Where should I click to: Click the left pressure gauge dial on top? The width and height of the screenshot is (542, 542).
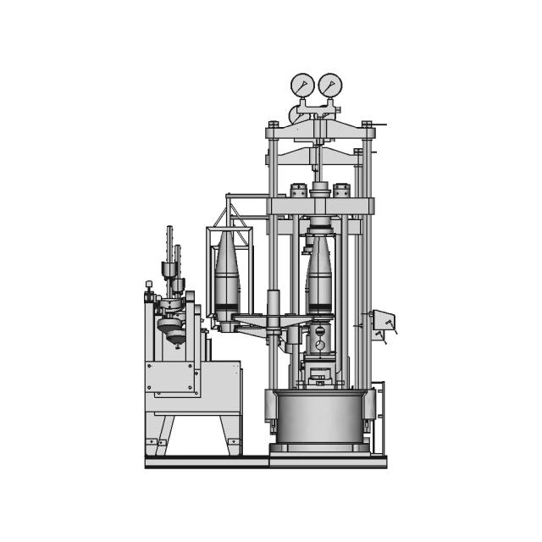click(x=302, y=85)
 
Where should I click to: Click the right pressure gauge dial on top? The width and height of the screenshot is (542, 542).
click(x=329, y=85)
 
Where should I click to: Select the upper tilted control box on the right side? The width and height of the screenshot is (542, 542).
click(x=382, y=320)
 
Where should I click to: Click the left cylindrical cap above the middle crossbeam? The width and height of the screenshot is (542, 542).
click(x=298, y=190)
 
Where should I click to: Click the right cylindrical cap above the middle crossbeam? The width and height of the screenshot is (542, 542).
click(x=341, y=190)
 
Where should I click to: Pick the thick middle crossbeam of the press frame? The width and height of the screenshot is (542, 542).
click(x=320, y=206)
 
